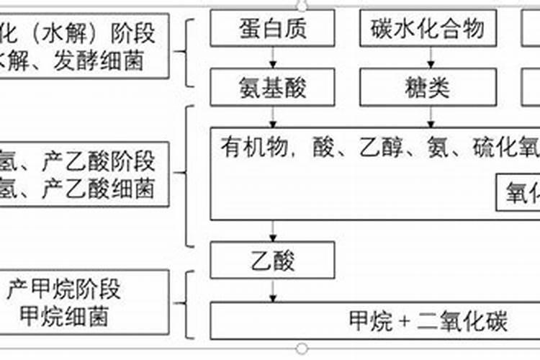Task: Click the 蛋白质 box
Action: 272,30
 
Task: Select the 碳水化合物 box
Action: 427,30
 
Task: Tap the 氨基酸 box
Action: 272,87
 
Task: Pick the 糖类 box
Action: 427,87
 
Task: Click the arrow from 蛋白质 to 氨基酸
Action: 272,58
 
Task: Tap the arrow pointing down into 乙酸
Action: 272,231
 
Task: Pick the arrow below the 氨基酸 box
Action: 272,116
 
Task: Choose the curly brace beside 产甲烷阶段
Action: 189,302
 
